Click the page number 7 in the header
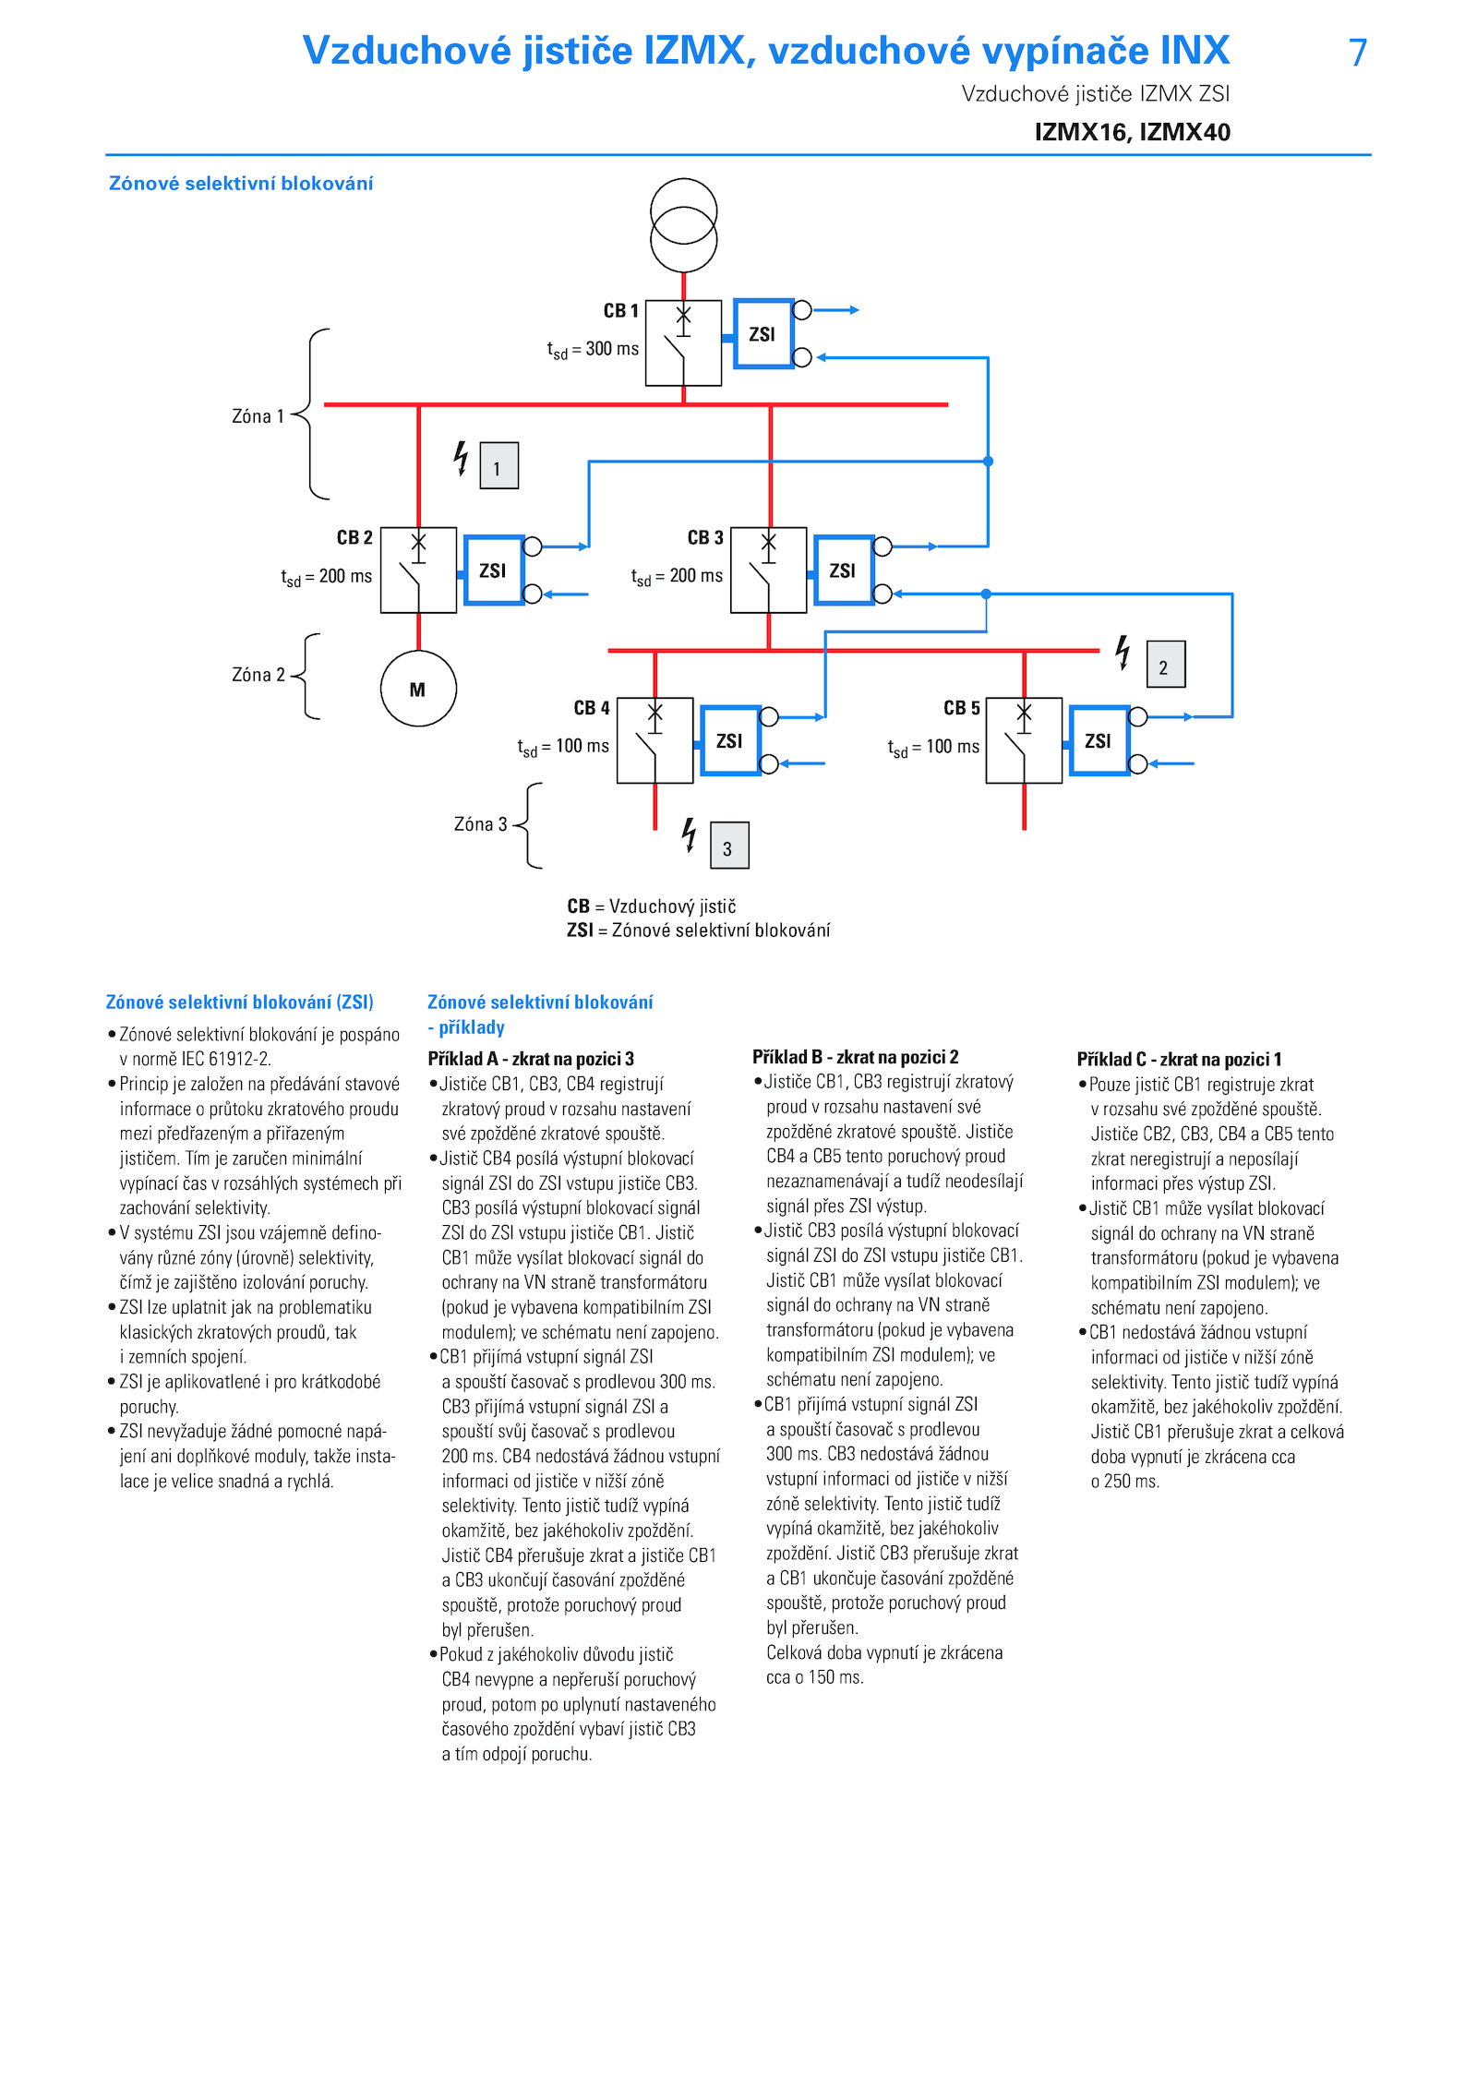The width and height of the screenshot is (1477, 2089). pyautogui.click(x=1358, y=53)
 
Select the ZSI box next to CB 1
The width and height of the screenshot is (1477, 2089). pyautogui.click(x=763, y=333)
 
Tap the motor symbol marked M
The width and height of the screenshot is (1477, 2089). pyautogui.click(x=418, y=689)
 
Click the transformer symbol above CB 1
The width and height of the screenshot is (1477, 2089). pyautogui.click(x=683, y=225)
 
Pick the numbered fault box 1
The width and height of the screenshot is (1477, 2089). pyautogui.click(x=498, y=465)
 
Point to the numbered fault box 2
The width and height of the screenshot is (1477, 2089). pyautogui.click(x=1165, y=664)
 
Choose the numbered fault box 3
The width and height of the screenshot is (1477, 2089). pyautogui.click(x=729, y=846)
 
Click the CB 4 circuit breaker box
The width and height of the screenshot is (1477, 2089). pyautogui.click(x=654, y=740)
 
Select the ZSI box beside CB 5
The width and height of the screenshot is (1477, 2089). pyautogui.click(x=1099, y=740)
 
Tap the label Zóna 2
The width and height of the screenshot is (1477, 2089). pyautogui.click(x=258, y=675)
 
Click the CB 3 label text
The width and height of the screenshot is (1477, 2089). pyautogui.click(x=705, y=537)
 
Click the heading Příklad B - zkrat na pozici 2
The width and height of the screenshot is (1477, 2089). pyautogui.click(x=856, y=1057)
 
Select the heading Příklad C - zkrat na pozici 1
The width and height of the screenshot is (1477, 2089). pyautogui.click(x=1179, y=1059)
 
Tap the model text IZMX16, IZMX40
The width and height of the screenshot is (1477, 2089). pyautogui.click(x=1133, y=132)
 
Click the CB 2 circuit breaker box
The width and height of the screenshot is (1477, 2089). pyautogui.click(x=418, y=570)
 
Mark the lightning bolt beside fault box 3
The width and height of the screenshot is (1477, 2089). pyautogui.click(x=689, y=834)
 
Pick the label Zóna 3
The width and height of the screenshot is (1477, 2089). pyautogui.click(x=480, y=824)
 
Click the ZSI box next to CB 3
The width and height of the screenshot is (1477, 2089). pyautogui.click(x=844, y=570)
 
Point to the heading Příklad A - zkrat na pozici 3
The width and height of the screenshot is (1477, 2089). pyautogui.click(x=531, y=1059)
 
